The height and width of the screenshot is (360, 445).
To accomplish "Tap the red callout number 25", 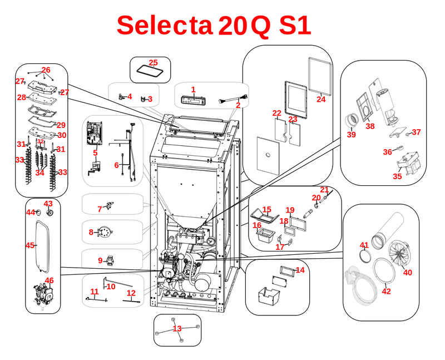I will pos(153,62).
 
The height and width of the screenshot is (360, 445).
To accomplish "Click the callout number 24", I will pos(321,100).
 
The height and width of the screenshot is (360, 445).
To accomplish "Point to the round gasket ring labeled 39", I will pos(352,120).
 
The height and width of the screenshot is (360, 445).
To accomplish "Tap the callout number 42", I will pos(387,291).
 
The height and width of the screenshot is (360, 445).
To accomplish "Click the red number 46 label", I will pos(50,280).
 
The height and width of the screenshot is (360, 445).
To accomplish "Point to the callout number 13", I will pos(177,329).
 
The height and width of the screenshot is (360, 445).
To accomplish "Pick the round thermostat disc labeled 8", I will pos(102,231).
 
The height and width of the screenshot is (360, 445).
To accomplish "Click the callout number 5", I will pos(95,152).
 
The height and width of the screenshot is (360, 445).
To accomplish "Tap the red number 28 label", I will pos(21,97).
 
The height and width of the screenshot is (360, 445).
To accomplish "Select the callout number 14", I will pos(300,270).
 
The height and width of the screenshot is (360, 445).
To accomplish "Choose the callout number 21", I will pos(324,190).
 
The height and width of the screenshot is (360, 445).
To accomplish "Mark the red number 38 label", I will pos(370,126).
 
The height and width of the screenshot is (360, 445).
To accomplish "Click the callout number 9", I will pos(101,260).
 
